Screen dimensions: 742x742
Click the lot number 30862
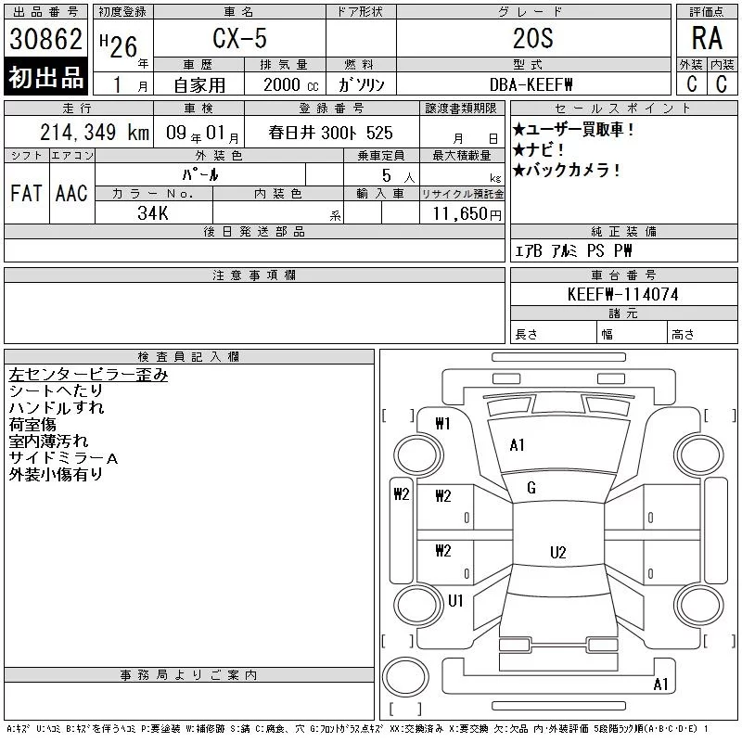click(45, 39)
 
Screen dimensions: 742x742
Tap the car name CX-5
click(239, 38)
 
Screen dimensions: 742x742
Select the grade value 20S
click(532, 38)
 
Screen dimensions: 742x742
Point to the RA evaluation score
click(707, 38)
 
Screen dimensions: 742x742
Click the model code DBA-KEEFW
click(531, 84)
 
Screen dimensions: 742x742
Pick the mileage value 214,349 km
click(95, 133)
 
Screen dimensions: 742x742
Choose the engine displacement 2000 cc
click(291, 85)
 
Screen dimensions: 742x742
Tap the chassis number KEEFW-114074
click(623, 294)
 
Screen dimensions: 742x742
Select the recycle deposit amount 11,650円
click(467, 214)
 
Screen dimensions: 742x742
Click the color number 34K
click(153, 213)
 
